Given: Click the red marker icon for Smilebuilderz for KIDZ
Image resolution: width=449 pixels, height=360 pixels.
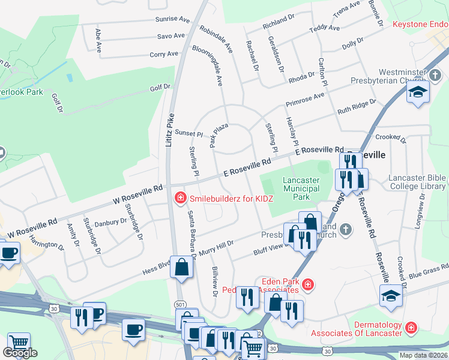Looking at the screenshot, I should click(x=178, y=197).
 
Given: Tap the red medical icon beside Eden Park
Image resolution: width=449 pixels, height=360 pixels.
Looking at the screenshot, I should click(x=308, y=284).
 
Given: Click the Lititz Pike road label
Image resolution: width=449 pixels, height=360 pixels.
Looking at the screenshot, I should click(x=169, y=131).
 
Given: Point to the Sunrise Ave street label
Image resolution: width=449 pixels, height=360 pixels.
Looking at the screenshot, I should click(x=171, y=19).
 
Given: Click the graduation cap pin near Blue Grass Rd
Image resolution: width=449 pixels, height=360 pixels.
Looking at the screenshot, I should click(x=391, y=296).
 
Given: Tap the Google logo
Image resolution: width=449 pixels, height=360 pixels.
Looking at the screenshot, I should click(x=20, y=353).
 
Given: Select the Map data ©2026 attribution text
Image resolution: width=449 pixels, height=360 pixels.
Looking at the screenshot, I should click(x=424, y=355).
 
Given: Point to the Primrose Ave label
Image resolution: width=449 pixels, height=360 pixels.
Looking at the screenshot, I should click(x=304, y=98).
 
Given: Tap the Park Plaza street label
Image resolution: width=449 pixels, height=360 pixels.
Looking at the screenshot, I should click(x=218, y=134).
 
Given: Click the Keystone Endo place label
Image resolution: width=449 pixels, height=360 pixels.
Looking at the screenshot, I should click(x=420, y=25).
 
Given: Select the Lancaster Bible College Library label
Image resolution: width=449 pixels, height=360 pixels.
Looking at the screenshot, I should click(x=417, y=182).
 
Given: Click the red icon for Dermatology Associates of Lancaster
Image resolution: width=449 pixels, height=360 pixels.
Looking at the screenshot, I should click(x=411, y=328).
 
